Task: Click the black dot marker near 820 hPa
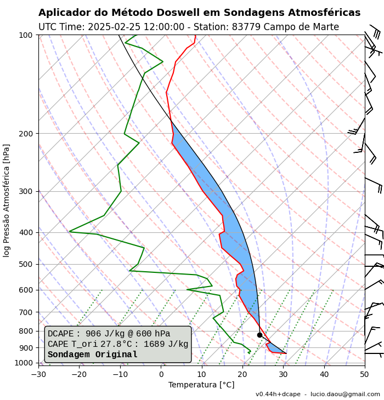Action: pos(259,335)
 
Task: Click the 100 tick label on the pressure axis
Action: pos(26,35)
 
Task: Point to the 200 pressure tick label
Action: pos(26,134)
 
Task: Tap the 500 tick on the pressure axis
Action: pos(26,264)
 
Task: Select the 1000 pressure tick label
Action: pos(24,363)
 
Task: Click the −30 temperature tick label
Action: pos(38,375)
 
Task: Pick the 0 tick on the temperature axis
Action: pos(161,375)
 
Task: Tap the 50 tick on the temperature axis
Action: pos(364,375)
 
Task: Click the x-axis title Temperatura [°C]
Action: pos(201,385)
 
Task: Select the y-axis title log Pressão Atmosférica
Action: pos(7,200)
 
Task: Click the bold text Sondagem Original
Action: pos(92,355)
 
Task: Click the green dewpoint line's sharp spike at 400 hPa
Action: pos(70,231)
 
